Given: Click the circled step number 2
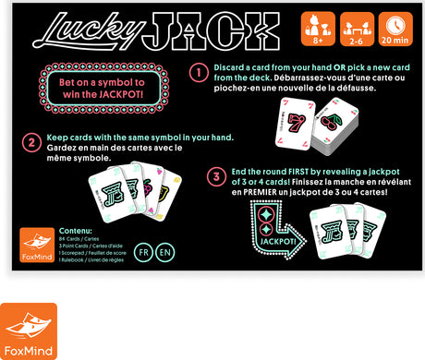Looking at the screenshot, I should pos(29,145).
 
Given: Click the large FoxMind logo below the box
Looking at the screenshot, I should pos(28,330).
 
